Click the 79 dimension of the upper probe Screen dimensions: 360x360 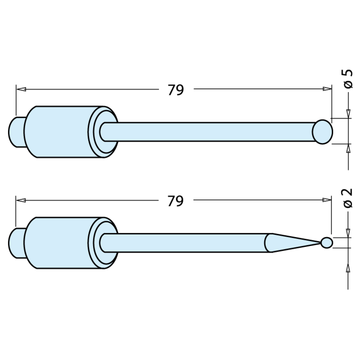(x=176, y=90)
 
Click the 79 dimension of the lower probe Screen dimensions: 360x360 (x=176, y=201)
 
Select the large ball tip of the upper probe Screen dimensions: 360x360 (x=322, y=131)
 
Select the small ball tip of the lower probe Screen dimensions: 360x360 (x=327, y=243)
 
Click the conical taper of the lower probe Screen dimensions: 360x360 (x=291, y=243)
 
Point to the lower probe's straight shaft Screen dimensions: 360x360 (x=184, y=243)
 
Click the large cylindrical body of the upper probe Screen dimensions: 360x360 (x=58, y=132)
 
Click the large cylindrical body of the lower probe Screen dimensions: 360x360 (x=58, y=243)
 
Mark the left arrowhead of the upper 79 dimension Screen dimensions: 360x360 (x=21, y=90)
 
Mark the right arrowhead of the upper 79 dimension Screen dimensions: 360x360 (x=327, y=90)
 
